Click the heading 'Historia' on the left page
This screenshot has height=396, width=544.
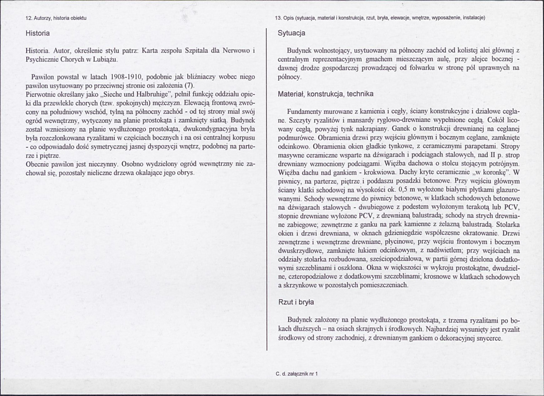tap(38, 33)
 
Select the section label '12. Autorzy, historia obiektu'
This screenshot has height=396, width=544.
tap(56, 18)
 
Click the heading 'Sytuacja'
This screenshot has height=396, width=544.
tap(291, 33)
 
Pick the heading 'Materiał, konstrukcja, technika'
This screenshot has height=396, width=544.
tap(325, 94)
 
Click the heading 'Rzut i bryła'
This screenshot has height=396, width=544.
tap(296, 302)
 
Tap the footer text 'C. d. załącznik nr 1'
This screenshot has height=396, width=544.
tap(296, 374)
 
